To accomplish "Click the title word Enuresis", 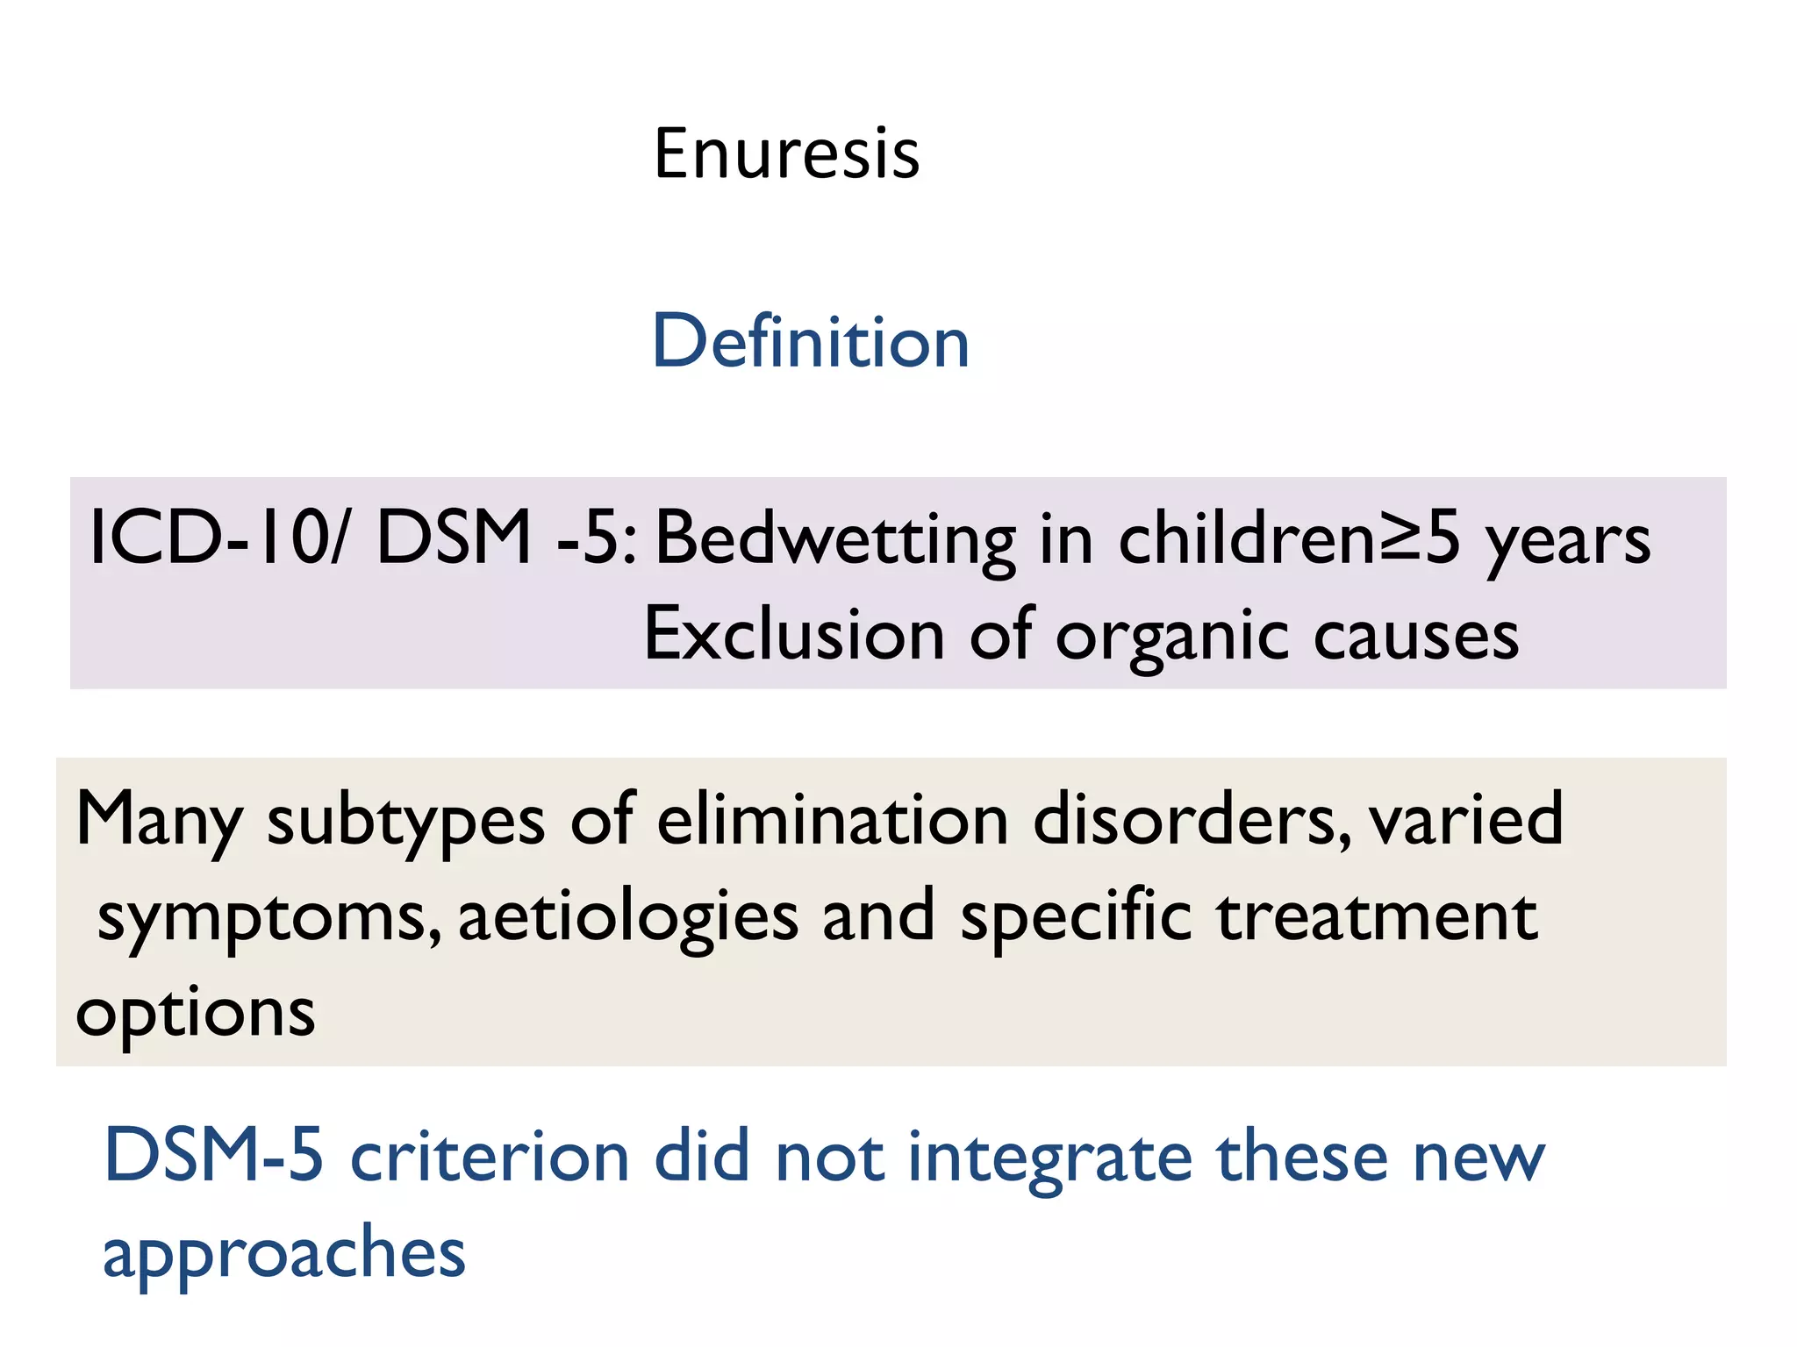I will coord(786,154).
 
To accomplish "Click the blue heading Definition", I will coord(811,342).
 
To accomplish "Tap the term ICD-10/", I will coord(218,538).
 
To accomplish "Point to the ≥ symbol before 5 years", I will coord(1400,538).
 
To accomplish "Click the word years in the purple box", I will coord(1568,542).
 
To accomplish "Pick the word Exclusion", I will coord(794,635).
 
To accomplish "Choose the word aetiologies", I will coord(628,917).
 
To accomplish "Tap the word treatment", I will coord(1378,917).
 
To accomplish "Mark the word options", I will coord(195,1015).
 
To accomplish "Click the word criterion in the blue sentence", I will coord(490,1158).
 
